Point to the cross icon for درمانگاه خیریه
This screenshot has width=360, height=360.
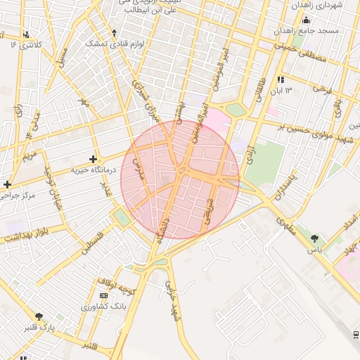pyautogui.click(x=93, y=160)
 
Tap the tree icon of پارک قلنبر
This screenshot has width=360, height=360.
pyautogui.click(x=38, y=317)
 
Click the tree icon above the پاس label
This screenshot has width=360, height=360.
pyautogui.click(x=314, y=239)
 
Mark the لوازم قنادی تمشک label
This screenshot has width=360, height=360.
pyautogui.click(x=115, y=44)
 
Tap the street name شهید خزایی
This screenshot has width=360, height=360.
pyautogui.click(x=172, y=296)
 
